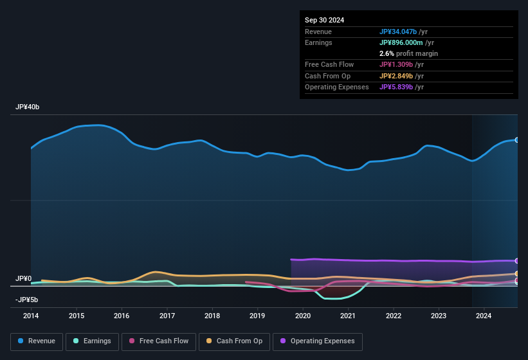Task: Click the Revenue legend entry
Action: click(37, 341)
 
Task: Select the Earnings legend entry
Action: click(92, 341)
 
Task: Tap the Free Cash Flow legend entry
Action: click(159, 341)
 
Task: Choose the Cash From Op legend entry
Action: click(233, 341)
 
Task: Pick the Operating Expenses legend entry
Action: click(317, 341)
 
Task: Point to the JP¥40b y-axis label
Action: click(28, 107)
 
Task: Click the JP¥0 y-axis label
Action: click(23, 278)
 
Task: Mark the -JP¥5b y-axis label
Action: click(26, 300)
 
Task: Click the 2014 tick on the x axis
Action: click(31, 316)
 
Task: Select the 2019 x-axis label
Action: click(257, 316)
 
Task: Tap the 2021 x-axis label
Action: click(348, 316)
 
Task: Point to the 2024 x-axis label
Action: click(484, 316)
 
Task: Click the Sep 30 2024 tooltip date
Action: click(324, 20)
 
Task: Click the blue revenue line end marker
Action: click(516, 139)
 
